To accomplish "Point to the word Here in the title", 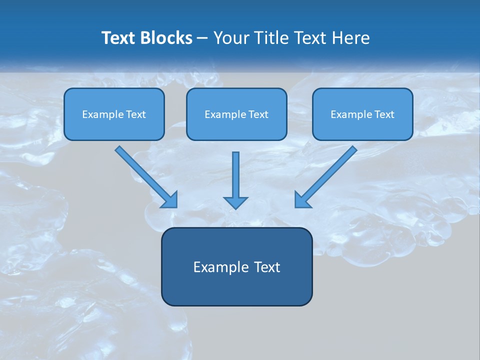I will pyautogui.click(x=352, y=38).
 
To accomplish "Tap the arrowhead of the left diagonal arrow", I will pyautogui.click(x=170, y=200).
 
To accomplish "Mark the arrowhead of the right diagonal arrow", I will pyautogui.click(x=301, y=200).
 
